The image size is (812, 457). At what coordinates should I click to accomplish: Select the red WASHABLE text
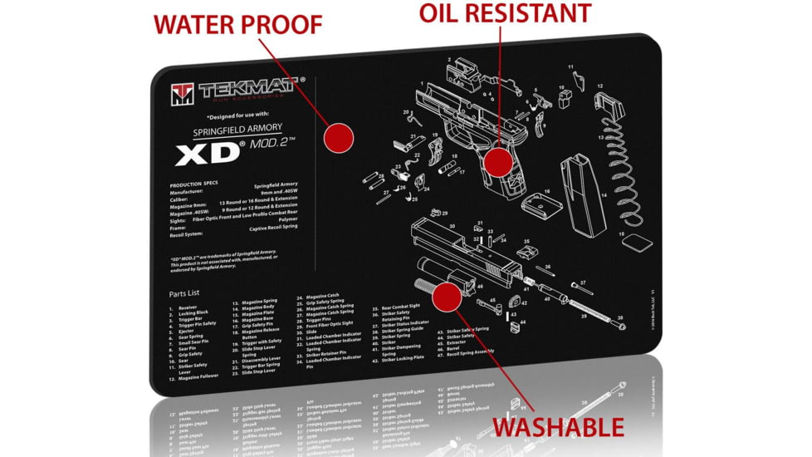pyautogui.click(x=558, y=427)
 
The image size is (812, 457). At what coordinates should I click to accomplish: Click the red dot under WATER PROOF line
pyautogui.click(x=338, y=139)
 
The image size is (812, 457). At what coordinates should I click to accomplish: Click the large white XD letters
pyautogui.click(x=206, y=155)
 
